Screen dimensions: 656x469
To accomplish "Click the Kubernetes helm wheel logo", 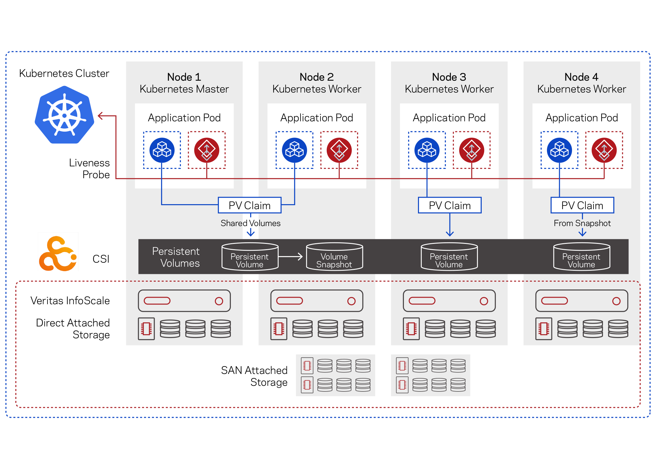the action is click(64, 115).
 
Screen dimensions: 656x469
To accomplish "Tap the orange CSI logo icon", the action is click(58, 254).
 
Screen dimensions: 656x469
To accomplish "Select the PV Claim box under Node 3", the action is click(450, 205).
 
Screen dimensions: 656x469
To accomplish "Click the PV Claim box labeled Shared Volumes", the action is click(250, 205).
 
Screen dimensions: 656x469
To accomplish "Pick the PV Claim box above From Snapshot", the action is click(582, 205).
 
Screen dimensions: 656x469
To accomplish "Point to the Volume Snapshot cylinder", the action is click(334, 256).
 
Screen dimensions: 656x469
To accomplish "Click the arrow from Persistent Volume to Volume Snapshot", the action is click(291, 257).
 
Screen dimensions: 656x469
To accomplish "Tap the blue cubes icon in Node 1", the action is click(162, 150).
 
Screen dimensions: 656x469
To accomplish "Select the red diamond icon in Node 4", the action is click(604, 150).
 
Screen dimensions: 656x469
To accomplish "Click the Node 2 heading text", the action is click(317, 77).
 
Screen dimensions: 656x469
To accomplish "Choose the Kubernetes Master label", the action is click(184, 89).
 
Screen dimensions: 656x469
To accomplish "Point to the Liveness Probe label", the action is click(89, 169).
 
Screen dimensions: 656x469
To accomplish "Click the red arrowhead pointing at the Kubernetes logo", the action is click(101, 116).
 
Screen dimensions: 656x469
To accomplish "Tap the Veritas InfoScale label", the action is click(70, 300).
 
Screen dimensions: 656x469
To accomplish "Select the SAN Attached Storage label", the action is click(254, 376).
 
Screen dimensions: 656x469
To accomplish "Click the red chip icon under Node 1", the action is click(146, 329).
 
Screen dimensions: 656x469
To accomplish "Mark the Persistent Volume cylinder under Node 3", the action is click(449, 256).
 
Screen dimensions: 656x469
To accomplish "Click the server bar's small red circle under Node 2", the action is click(351, 301).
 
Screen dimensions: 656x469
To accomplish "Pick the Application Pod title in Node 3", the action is click(449, 118).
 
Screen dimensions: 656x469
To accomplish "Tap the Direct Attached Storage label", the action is click(73, 329).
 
